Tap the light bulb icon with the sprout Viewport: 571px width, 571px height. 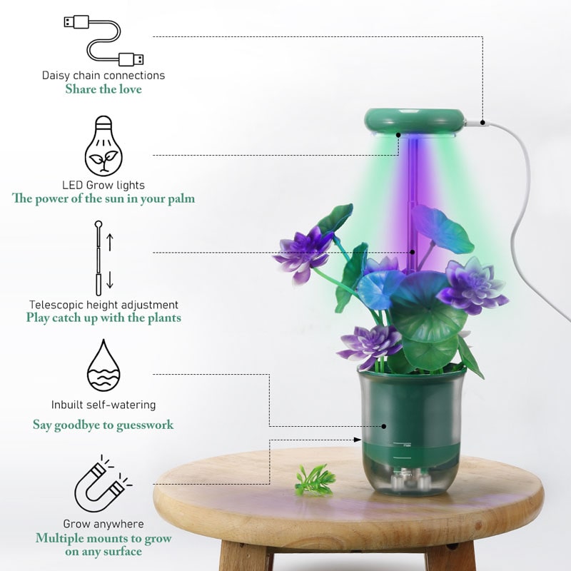pyautogui.click(x=103, y=146)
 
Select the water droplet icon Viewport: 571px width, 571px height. pyautogui.click(x=103, y=365)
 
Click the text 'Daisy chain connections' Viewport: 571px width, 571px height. pyautogui.click(x=103, y=76)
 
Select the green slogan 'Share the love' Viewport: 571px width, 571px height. pyautogui.click(x=103, y=89)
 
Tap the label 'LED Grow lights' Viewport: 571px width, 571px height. pyautogui.click(x=103, y=185)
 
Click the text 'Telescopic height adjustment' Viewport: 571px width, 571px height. pyautogui.click(x=103, y=305)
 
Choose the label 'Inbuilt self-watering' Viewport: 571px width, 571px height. pyautogui.click(x=103, y=405)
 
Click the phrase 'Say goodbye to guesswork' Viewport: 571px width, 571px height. pyautogui.click(x=103, y=425)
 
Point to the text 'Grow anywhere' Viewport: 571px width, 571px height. pyautogui.click(x=103, y=524)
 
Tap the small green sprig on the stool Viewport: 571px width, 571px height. pyautogui.click(x=315, y=480)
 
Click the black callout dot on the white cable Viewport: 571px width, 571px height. pyautogui.click(x=482, y=123)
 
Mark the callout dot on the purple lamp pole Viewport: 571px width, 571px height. pyautogui.click(x=413, y=252)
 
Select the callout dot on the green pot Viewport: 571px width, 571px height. pyautogui.click(x=384, y=426)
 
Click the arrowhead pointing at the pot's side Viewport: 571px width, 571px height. pyautogui.click(x=358, y=440)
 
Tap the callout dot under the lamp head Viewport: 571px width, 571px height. pyautogui.click(x=398, y=135)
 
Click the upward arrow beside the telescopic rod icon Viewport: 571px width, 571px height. pyautogui.click(x=110, y=242)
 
